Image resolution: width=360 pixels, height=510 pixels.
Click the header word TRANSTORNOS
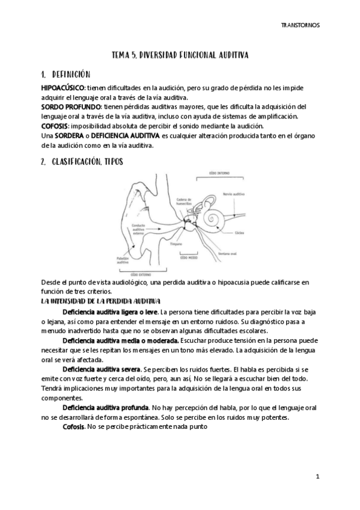(301, 26)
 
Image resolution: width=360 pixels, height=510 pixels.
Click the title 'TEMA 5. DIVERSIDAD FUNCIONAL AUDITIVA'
(180, 55)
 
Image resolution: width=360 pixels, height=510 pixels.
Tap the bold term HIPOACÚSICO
(63, 88)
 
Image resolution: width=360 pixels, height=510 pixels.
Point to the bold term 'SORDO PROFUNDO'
(69, 106)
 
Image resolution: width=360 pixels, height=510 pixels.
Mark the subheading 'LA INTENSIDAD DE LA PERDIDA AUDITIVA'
(100, 301)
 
